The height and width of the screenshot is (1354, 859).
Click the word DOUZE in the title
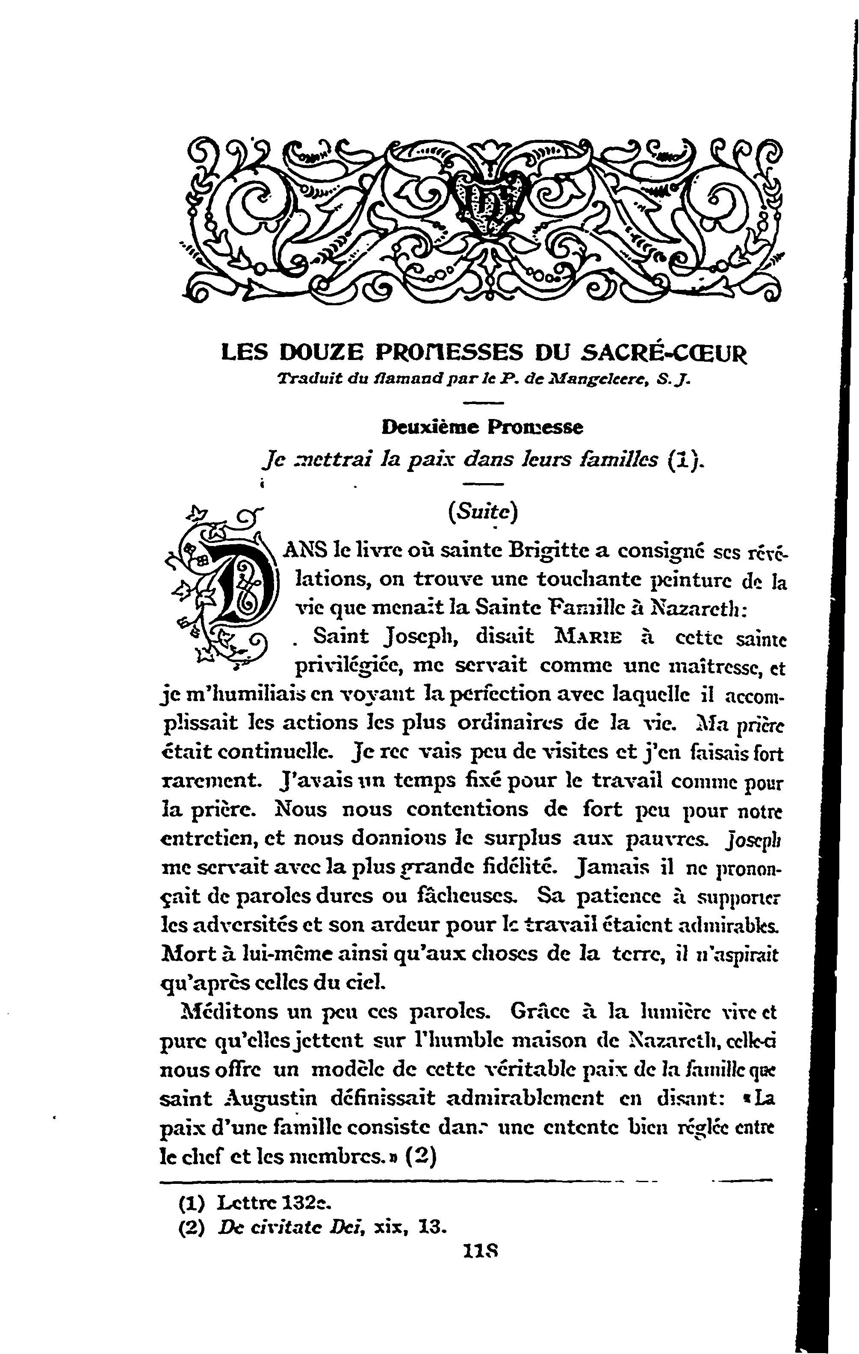316,353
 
